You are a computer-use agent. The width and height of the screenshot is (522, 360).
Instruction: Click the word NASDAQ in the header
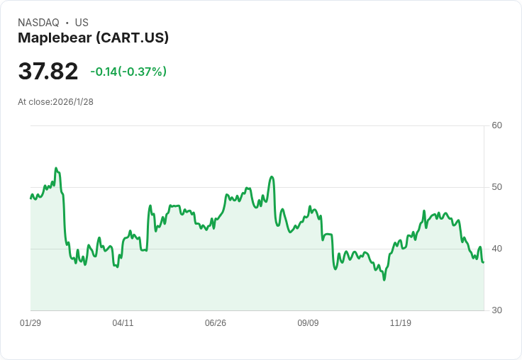38,23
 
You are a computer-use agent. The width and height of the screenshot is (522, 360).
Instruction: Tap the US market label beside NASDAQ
82,23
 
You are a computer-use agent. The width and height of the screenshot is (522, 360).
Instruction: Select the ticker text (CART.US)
132,38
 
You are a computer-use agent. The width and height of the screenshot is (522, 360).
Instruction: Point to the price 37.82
48,72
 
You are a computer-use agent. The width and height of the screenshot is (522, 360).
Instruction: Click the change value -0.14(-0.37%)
128,72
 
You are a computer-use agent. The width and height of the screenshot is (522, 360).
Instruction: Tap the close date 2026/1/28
73,102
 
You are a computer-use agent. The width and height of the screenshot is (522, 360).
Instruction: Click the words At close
35,102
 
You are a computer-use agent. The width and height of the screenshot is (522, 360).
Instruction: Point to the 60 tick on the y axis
496,125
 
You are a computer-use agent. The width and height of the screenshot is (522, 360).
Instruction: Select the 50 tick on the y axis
496,187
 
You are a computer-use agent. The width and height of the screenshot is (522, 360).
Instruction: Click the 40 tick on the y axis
496,249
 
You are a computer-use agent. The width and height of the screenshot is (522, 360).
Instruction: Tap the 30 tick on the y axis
496,310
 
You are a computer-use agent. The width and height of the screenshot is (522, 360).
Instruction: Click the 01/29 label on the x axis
30,323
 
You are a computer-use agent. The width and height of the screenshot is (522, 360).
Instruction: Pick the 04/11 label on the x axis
123,323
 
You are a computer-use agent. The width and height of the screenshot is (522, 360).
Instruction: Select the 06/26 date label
216,323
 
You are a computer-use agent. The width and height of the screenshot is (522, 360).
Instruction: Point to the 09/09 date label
308,323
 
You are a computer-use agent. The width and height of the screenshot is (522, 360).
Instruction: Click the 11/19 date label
401,323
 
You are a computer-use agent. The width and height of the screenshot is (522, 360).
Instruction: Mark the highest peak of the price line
56,169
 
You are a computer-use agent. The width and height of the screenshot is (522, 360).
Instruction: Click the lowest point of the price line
384,280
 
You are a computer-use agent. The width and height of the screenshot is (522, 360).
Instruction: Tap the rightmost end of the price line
483,262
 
